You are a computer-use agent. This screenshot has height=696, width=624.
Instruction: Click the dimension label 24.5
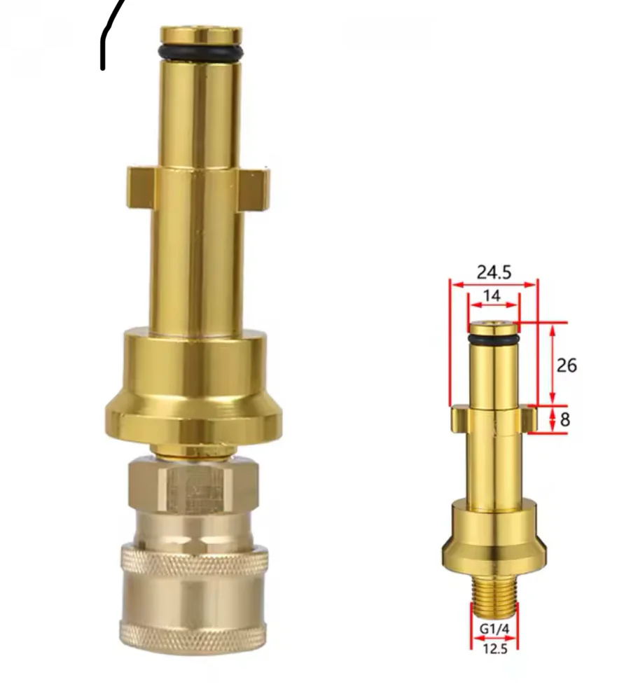tap(494, 272)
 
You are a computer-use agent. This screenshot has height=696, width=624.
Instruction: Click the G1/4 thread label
tap(494, 629)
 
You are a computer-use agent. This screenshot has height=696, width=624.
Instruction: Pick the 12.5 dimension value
tap(494, 648)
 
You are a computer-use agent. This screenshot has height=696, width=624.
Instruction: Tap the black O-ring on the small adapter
tap(493, 339)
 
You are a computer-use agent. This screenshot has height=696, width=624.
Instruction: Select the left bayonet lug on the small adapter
tap(459, 419)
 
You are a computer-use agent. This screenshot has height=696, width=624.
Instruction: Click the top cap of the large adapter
tap(201, 34)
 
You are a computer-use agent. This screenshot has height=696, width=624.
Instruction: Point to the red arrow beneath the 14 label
tap(493, 307)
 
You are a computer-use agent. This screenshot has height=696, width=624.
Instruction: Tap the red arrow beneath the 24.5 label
tap(494, 284)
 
